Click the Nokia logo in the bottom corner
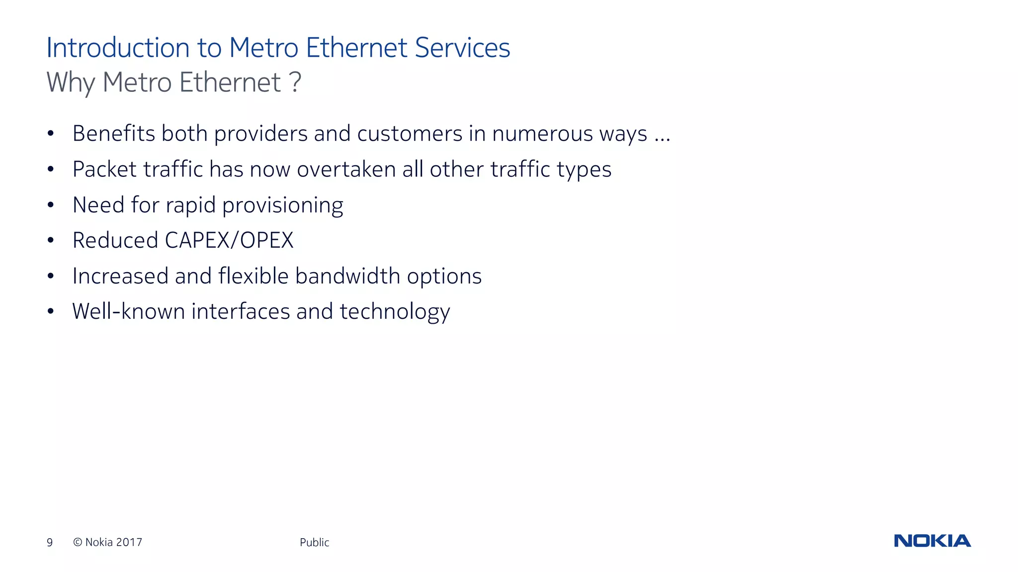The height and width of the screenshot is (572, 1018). click(932, 541)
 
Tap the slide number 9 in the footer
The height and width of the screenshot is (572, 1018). click(50, 542)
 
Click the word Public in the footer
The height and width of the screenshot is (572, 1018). click(314, 542)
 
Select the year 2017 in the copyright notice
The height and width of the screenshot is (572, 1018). click(129, 542)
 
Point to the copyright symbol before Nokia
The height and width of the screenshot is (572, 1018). click(78, 542)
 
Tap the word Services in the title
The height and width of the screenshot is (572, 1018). click(462, 48)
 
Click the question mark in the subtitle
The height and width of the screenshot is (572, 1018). click(295, 82)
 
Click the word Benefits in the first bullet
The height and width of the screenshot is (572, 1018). click(114, 134)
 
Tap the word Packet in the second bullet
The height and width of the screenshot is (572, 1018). click(104, 169)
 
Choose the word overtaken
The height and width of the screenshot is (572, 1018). click(346, 169)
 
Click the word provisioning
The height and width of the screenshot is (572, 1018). click(282, 206)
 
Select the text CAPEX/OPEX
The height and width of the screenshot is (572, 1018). click(229, 240)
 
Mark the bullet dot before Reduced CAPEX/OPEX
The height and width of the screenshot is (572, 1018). click(50, 240)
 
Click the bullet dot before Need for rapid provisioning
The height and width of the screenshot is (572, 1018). click(50, 205)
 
